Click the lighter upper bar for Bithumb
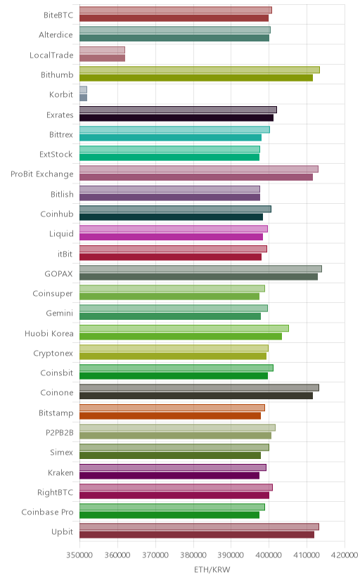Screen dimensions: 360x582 [200, 70]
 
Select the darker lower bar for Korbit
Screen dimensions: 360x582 [83, 98]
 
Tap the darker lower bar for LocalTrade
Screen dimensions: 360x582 [102, 58]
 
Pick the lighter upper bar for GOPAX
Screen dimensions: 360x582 [200, 269]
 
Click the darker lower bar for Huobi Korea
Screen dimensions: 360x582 [181, 336]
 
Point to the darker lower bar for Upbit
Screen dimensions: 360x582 [197, 535]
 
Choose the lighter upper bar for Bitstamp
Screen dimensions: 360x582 [172, 408]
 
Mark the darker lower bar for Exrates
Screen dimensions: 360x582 [176, 117]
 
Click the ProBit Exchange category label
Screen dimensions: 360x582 [42, 174]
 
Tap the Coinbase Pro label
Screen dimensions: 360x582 [47, 512]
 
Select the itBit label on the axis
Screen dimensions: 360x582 [65, 254]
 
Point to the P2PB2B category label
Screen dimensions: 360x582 [59, 433]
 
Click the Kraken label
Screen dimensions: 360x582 [60, 473]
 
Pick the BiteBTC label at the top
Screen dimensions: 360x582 [58, 15]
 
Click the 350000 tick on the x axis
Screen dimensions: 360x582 [79, 555]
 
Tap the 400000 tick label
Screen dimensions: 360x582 [269, 555]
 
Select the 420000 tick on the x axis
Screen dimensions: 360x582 [345, 555]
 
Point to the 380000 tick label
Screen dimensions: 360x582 [193, 555]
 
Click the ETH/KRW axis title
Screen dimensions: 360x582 [212, 570]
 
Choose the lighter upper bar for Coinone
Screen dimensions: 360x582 [199, 388]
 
